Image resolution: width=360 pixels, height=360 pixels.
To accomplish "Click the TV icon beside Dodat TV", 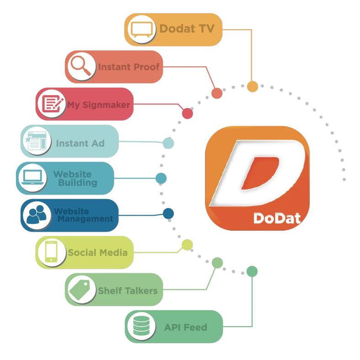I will click(x=141, y=29).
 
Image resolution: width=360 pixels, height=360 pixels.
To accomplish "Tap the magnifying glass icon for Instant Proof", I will click(x=81, y=67).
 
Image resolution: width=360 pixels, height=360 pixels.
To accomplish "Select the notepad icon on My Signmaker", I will click(x=51, y=105).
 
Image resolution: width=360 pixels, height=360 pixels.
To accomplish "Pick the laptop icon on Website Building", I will click(x=32, y=178).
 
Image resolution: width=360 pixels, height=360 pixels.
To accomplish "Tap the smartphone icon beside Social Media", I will click(x=51, y=252).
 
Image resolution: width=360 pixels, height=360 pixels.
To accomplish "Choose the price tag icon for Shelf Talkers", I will click(x=80, y=289).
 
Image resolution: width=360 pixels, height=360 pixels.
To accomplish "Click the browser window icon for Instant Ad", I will click(x=37, y=141).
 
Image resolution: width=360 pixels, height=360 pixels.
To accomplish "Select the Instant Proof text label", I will click(x=128, y=67).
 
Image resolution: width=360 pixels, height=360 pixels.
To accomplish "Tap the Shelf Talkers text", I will click(x=127, y=291).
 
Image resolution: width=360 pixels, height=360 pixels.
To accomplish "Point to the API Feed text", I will click(x=185, y=327).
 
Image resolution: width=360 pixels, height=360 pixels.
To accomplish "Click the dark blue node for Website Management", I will click(x=168, y=213).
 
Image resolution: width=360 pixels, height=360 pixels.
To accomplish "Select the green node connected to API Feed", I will click(x=252, y=271).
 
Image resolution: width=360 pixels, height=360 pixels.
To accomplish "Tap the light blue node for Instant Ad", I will click(x=168, y=143).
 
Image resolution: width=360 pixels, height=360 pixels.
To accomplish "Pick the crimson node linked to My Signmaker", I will click(x=187, y=113).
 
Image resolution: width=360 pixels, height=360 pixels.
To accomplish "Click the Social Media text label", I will click(x=97, y=252).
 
